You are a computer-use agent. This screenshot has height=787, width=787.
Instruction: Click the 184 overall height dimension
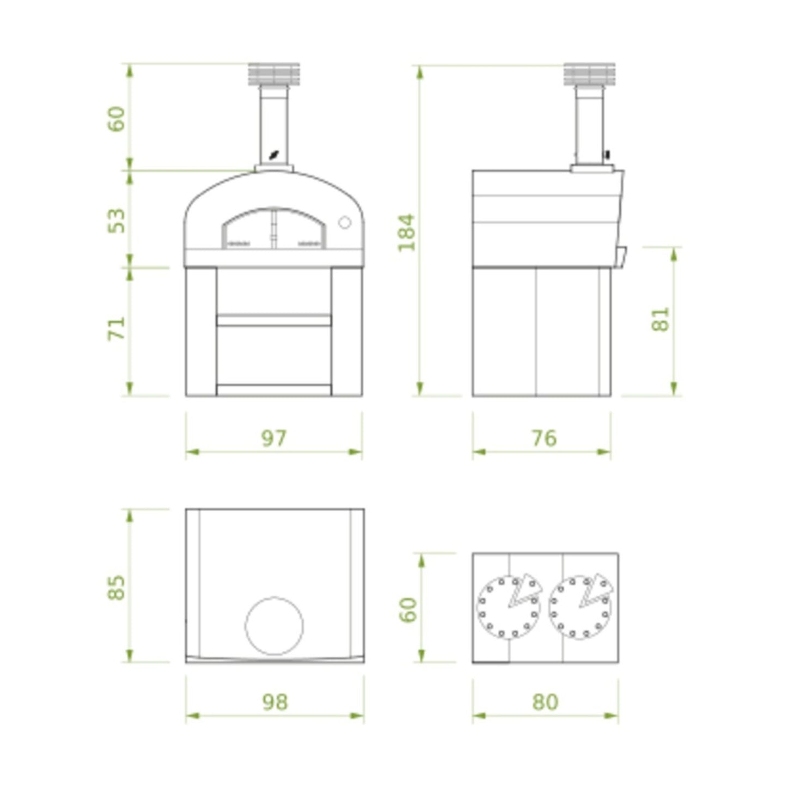click(406, 233)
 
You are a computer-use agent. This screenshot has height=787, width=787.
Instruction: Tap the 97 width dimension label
click(273, 438)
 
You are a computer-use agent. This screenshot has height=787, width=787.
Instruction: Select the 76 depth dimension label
click(544, 438)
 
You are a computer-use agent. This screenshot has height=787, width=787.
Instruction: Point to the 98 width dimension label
click(274, 701)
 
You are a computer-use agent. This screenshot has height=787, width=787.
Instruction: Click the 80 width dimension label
click(545, 701)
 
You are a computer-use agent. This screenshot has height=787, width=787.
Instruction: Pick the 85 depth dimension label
click(117, 587)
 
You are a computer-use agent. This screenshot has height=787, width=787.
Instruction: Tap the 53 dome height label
click(117, 221)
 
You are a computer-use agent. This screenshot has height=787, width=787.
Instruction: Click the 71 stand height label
click(117, 328)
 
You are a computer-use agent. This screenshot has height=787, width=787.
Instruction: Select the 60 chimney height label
click(117, 119)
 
